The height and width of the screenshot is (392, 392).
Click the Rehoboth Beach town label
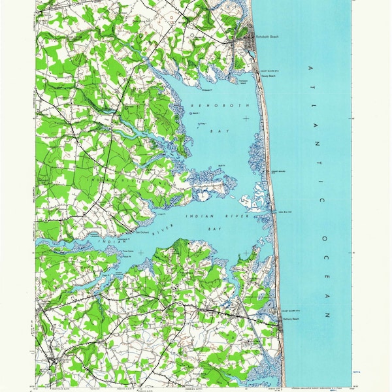[x=268, y=37]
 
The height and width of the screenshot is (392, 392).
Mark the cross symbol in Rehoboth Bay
[x=246, y=118]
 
